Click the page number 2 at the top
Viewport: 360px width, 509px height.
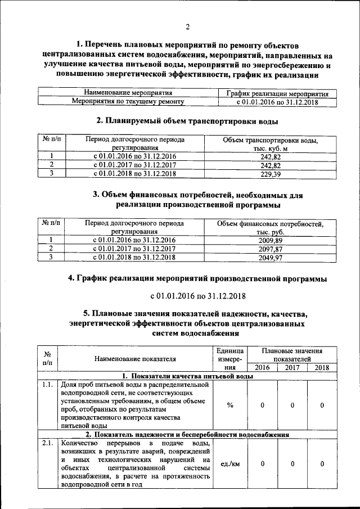tap(188, 26)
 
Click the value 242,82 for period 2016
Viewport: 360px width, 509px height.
tap(271, 157)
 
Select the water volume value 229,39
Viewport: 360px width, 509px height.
tap(271, 174)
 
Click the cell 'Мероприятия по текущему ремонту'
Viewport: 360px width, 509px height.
tap(128, 101)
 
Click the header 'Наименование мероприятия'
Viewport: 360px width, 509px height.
tap(128, 93)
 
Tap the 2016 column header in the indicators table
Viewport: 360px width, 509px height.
tap(262, 367)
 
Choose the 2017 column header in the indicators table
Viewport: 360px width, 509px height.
tap(292, 367)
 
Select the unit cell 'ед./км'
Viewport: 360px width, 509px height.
tap(230, 464)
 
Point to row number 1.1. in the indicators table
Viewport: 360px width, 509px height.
tap(48, 385)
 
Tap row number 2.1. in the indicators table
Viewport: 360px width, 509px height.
tap(48, 444)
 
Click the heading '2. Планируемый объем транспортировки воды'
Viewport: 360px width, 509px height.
tap(187, 121)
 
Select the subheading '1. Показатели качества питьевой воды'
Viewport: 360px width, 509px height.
tap(188, 376)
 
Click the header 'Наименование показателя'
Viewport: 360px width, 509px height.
tap(135, 358)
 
